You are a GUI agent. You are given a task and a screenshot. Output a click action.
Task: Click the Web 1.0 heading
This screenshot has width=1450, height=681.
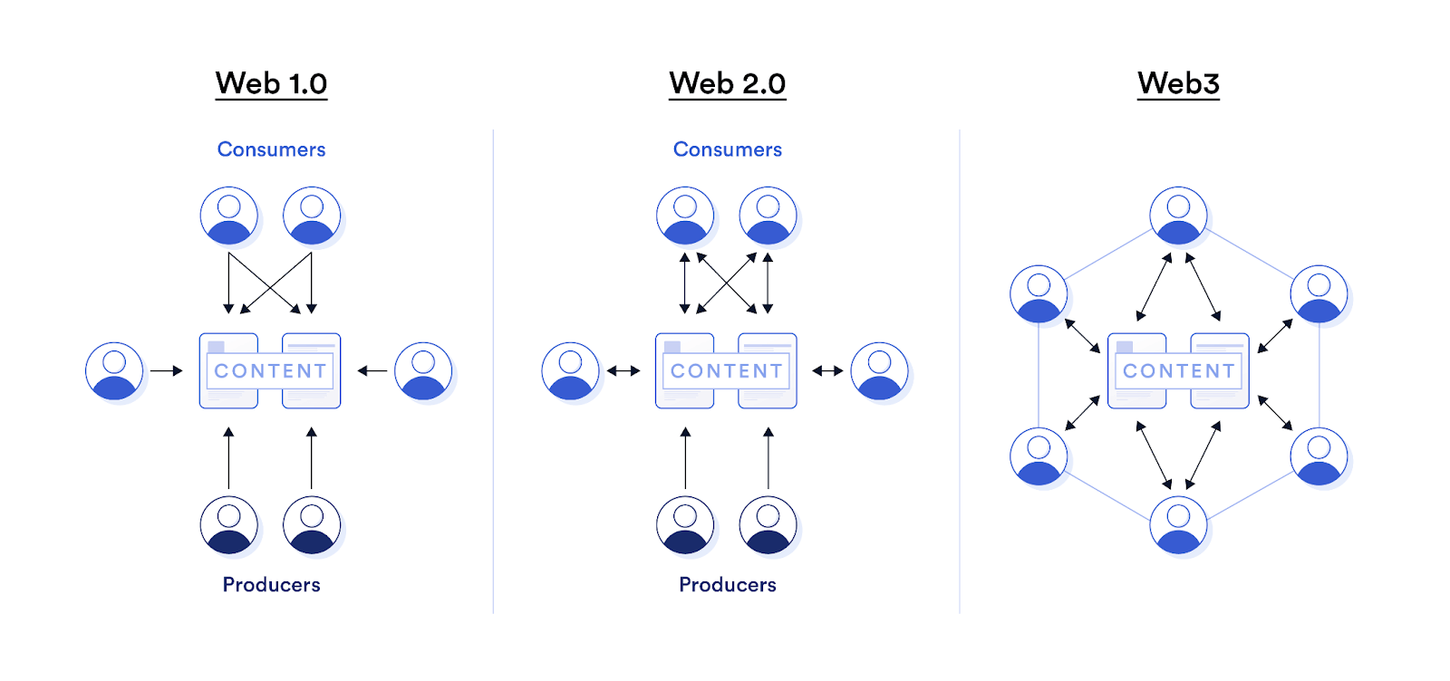coord(271,83)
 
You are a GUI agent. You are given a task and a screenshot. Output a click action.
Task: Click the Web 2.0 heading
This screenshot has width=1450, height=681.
coord(727,83)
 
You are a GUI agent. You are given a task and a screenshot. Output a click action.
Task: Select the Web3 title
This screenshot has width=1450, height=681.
coord(1178,83)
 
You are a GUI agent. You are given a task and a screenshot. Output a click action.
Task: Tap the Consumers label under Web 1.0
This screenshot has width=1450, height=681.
coord(271,149)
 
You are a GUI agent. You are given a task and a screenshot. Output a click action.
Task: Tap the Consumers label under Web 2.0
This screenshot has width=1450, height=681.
coord(727,149)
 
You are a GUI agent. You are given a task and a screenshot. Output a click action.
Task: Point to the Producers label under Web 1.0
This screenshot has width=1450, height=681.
coord(271,585)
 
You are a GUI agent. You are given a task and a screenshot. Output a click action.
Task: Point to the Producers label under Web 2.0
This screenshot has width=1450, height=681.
coord(727,585)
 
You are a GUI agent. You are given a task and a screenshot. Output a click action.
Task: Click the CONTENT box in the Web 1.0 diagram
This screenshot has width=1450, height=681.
coord(270,371)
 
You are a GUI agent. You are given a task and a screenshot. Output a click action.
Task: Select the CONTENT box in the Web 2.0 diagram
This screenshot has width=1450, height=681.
coord(726,371)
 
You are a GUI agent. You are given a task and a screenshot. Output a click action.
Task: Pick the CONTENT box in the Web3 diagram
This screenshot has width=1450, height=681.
coord(1178,371)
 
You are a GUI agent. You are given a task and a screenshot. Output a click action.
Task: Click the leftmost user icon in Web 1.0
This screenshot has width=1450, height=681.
coord(114,371)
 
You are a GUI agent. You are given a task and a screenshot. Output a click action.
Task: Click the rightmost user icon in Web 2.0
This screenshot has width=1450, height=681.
coord(879,371)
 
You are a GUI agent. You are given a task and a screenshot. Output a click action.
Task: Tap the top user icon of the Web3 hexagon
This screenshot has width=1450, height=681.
coord(1178,216)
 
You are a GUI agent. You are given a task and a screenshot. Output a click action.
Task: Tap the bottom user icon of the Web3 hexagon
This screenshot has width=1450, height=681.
coord(1178,525)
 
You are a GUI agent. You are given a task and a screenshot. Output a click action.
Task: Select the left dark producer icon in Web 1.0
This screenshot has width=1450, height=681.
coord(229,525)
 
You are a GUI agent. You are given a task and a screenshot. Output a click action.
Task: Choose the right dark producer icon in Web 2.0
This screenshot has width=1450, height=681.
coord(768,525)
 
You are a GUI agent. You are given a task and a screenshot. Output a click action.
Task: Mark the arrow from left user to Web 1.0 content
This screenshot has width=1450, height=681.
coord(166,370)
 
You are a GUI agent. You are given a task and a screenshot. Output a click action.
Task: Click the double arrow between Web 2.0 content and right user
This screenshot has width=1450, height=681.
coord(827,370)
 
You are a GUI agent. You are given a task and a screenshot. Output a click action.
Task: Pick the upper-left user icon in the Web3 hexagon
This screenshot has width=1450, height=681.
coord(1039,294)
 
